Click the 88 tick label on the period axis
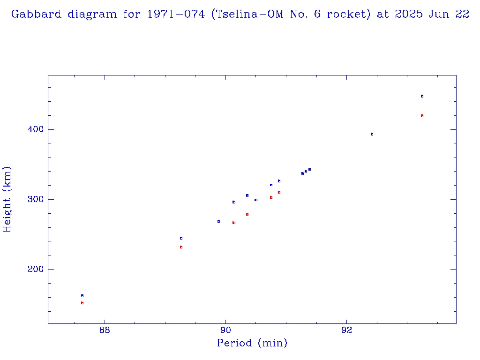(x=105, y=330)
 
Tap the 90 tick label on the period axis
(x=225, y=330)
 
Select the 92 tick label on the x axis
(x=346, y=330)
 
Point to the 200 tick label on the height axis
(x=32, y=270)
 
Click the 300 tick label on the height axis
(x=32, y=200)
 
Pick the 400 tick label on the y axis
(x=32, y=130)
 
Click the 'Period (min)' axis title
(x=252, y=344)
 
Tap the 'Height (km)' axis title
(x=7, y=199)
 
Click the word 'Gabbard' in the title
(x=37, y=14)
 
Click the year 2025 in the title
(x=409, y=14)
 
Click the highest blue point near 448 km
(x=422, y=96)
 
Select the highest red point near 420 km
(x=422, y=116)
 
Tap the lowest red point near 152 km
(x=82, y=303)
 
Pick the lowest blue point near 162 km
(x=82, y=296)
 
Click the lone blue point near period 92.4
(x=372, y=134)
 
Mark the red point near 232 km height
(x=181, y=247)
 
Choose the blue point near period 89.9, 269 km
(x=218, y=221)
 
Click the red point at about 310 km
(x=279, y=192)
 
